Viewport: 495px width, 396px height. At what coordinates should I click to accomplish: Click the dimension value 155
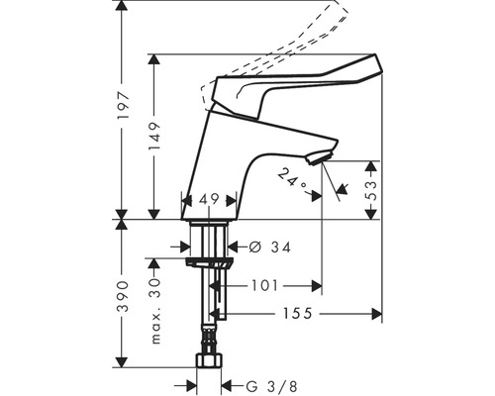click(x=295, y=314)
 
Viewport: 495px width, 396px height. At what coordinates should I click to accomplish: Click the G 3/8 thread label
click(x=260, y=385)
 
